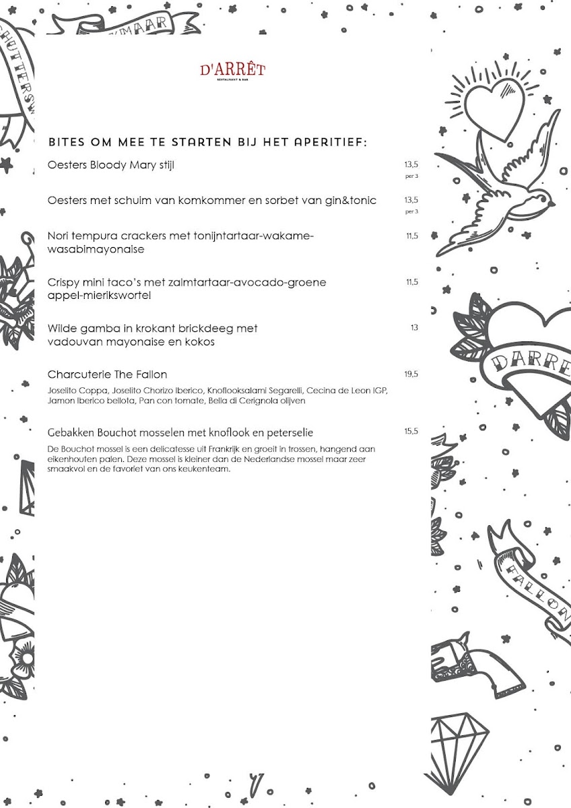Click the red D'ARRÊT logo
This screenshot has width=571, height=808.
click(233, 71)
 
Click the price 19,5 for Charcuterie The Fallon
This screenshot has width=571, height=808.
click(411, 374)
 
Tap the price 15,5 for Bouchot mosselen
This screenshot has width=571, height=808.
click(411, 431)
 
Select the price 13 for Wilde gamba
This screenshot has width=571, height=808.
click(414, 327)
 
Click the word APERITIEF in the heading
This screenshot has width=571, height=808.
click(331, 142)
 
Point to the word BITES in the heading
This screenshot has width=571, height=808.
click(67, 142)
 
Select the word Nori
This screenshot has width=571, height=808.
click(58, 236)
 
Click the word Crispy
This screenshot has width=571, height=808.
click(63, 283)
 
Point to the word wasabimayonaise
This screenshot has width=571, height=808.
click(96, 249)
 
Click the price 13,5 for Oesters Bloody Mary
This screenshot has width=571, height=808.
click(411, 165)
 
